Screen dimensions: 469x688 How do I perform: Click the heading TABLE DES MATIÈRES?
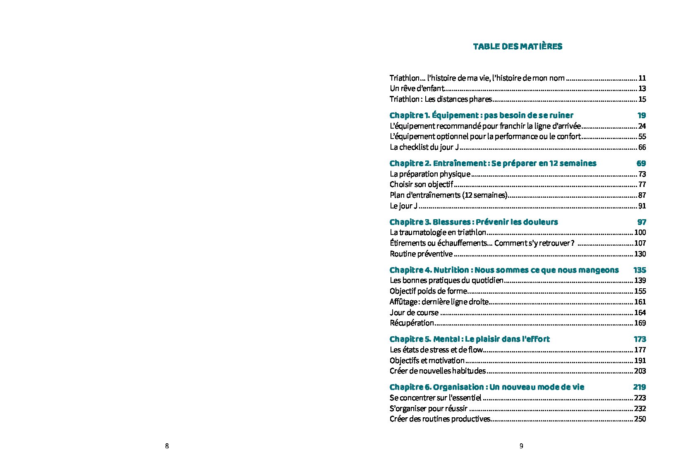point(517,46)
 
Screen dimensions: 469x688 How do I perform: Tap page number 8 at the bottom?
point(167,446)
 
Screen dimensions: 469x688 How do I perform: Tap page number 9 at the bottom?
point(521,446)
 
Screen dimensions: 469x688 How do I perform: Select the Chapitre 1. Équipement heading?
point(481,115)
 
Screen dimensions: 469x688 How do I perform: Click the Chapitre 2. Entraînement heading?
point(493,163)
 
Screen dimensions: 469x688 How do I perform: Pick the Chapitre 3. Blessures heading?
point(473,222)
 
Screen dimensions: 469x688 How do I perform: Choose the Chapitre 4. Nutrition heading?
point(504,270)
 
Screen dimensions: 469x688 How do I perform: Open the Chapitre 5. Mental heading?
point(470,339)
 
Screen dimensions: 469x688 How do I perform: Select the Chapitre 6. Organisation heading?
point(487,387)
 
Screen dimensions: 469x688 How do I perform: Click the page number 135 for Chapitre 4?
point(639,270)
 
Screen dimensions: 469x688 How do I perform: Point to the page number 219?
point(639,387)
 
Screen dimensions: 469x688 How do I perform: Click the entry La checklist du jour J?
point(424,147)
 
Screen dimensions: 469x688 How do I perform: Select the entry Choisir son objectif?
point(421,184)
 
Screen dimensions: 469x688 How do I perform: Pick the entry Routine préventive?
point(421,254)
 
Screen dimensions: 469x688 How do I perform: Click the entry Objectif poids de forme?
point(428,291)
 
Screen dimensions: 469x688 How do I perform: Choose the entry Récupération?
point(412,323)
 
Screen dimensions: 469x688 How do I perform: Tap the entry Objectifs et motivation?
point(427,361)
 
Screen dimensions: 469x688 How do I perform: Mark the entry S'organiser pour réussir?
point(429,409)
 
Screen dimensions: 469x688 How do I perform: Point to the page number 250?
point(640,419)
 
